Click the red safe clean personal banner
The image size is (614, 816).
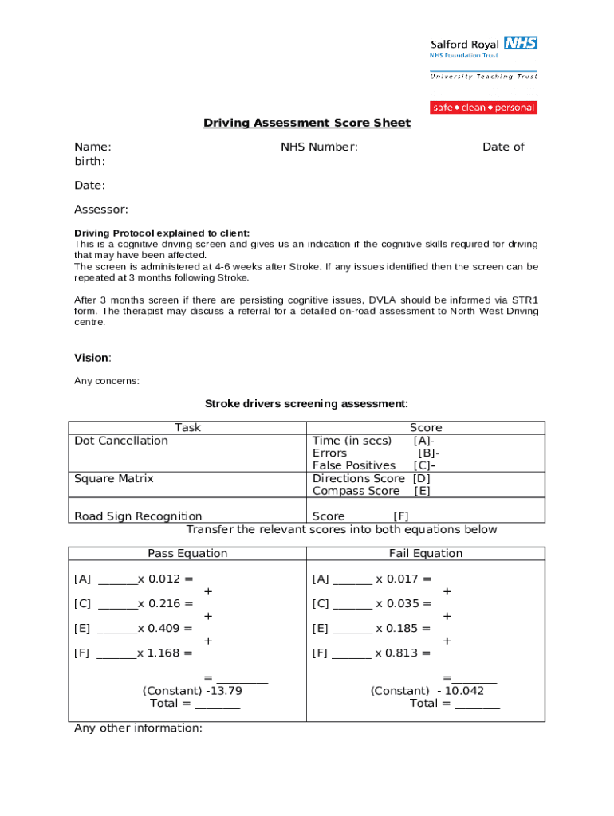click(483, 108)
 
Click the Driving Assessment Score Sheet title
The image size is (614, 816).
click(307, 123)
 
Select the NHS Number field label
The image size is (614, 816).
click(319, 147)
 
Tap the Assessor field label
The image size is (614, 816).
click(101, 210)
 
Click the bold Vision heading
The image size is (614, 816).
click(92, 358)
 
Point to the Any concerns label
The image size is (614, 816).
click(107, 381)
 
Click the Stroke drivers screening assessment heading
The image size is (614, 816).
click(307, 404)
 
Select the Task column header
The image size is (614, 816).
click(187, 427)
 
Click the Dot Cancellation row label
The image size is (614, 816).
click(121, 441)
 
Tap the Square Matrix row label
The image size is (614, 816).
click(114, 478)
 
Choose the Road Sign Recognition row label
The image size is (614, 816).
click(138, 516)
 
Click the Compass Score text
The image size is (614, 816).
click(356, 491)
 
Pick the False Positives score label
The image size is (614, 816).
click(354, 465)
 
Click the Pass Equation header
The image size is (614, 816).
click(187, 553)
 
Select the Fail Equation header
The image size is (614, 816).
click(426, 553)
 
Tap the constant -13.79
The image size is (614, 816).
click(223, 691)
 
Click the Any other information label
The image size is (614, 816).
click(138, 728)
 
